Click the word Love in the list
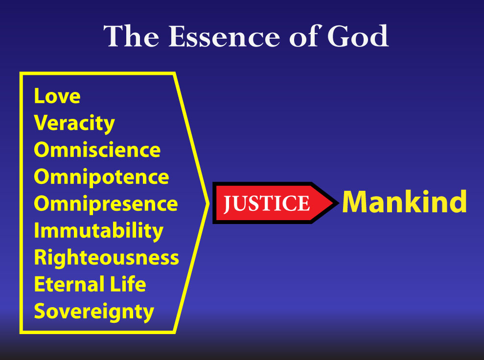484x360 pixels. point(57,96)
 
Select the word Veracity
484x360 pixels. point(74,124)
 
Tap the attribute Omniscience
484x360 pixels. point(97,150)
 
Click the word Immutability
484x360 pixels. point(98,231)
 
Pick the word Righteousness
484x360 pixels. point(107,258)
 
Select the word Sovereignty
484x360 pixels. point(94,312)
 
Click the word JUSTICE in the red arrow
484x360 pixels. point(266,203)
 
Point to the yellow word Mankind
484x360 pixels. point(404,202)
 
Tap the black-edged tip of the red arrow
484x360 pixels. point(339,203)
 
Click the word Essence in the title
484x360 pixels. point(224,36)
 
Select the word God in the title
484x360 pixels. point(358,36)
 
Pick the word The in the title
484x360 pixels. point(131,36)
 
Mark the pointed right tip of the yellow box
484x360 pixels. point(208,203)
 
